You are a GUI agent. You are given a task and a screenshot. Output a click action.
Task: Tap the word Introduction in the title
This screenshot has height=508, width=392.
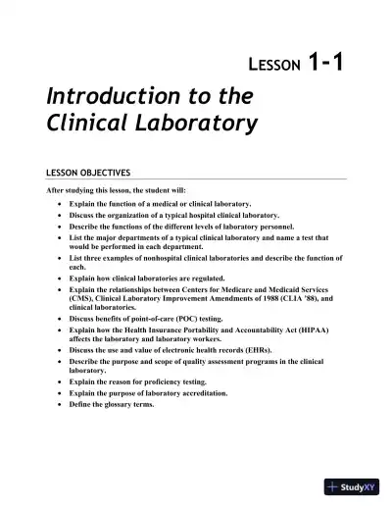110,97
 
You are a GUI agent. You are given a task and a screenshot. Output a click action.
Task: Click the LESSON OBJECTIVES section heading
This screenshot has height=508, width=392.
94,172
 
